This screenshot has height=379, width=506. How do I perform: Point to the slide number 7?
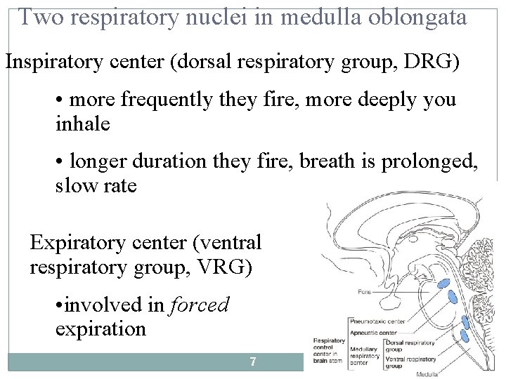[253, 362]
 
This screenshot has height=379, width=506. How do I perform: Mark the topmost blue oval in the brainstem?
[445, 284]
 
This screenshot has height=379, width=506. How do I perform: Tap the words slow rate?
[96, 187]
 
